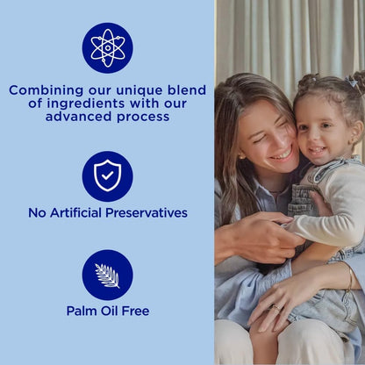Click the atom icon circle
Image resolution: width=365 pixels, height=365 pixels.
click(107, 48)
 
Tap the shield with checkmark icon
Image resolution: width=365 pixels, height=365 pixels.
click(107, 176)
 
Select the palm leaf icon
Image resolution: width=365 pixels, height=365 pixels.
click(107, 275)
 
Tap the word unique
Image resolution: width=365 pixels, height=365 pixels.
click(132, 89)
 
